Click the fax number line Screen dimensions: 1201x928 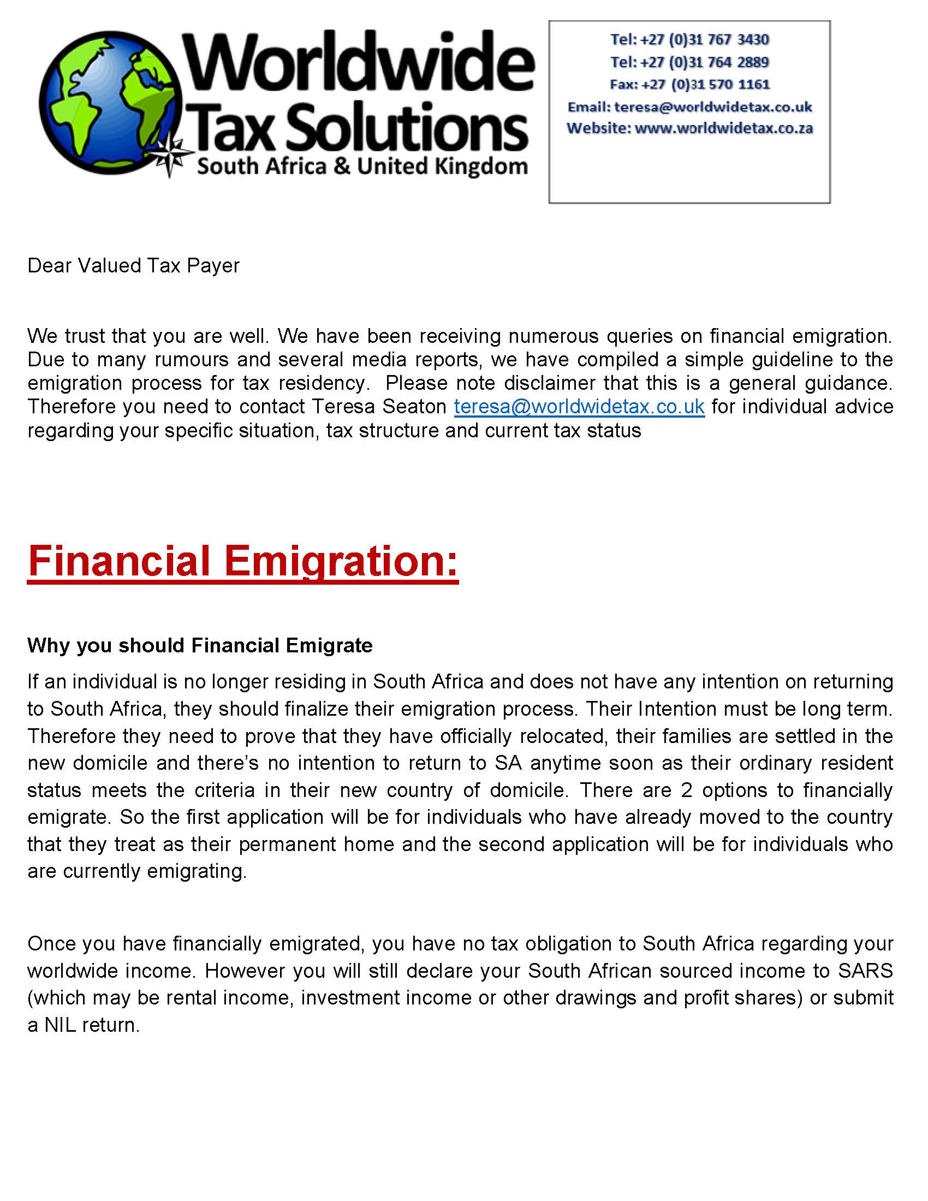tap(689, 84)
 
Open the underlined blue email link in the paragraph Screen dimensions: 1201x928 tap(579, 406)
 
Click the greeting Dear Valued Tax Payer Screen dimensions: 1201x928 tap(134, 266)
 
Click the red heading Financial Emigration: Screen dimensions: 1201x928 tap(242, 561)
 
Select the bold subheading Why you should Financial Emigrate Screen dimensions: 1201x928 tap(200, 645)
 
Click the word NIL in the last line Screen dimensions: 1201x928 tap(60, 1025)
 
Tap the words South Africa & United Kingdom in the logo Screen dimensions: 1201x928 tap(362, 166)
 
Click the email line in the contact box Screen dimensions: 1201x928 tap(689, 106)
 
